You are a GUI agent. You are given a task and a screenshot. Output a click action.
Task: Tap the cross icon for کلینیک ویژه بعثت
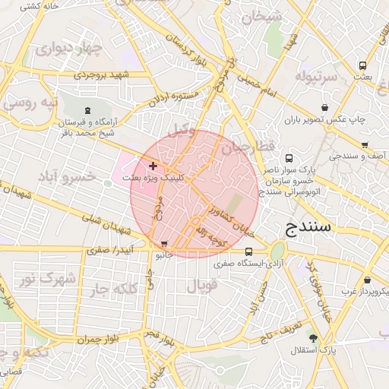[x=153, y=165]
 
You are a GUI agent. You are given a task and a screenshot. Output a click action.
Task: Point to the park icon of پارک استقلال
[x=312, y=337]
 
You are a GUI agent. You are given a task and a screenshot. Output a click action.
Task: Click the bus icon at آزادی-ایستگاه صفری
[x=248, y=252]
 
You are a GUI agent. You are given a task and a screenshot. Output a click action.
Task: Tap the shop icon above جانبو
[x=165, y=245]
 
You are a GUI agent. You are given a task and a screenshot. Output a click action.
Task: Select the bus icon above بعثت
[x=362, y=65]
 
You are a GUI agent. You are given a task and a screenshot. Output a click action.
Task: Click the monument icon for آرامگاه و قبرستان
[x=87, y=111]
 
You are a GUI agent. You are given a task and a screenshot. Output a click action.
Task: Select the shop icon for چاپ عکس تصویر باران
[x=325, y=108]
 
